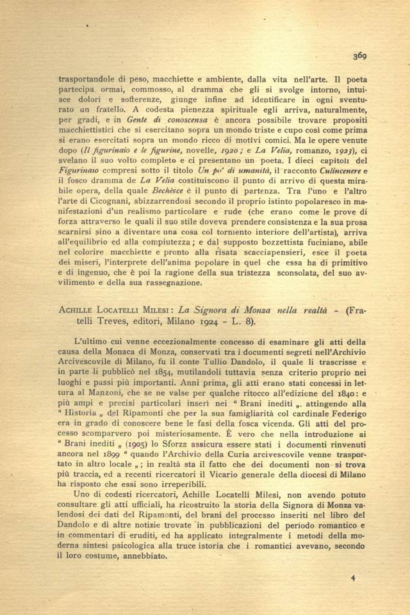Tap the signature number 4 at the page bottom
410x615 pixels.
pyautogui.click(x=353, y=578)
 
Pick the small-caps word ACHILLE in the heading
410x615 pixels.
pyautogui.click(x=76, y=310)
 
